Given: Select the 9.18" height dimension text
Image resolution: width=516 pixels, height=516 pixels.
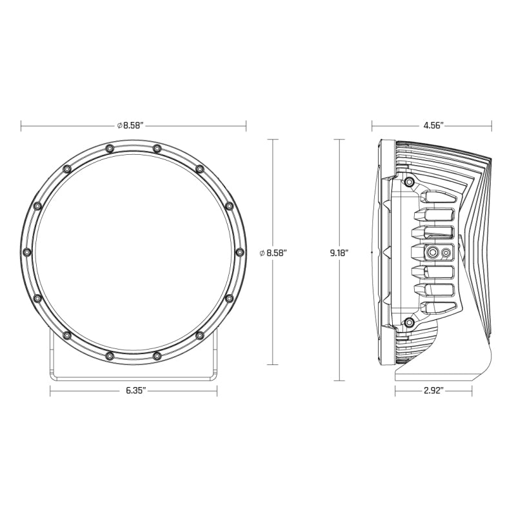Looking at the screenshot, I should point(339,253).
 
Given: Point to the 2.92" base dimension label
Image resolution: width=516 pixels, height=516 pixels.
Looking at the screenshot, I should point(433,391).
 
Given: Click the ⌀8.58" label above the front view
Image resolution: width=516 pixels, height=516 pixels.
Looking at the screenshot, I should point(132,126).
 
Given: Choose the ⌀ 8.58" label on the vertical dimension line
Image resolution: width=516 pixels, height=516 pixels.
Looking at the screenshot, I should point(272,253).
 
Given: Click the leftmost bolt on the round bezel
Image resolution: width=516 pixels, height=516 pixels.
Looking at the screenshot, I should point(26,252).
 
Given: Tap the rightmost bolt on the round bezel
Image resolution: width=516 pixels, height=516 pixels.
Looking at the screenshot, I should point(239,252).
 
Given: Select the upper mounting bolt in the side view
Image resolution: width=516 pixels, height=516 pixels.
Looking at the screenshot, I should point(408,183).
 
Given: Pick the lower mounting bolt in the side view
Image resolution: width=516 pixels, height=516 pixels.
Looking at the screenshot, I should point(408,322).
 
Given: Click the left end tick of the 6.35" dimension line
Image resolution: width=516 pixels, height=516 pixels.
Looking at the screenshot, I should point(50,391).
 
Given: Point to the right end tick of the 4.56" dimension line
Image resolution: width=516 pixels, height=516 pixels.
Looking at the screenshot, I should point(491,126).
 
